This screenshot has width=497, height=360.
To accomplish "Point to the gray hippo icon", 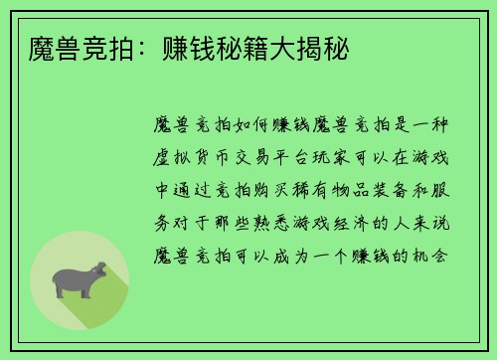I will pos(78,280).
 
